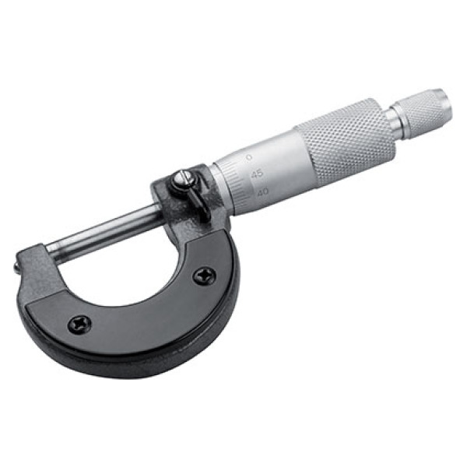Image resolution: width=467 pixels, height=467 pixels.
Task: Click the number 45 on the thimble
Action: [x=256, y=174]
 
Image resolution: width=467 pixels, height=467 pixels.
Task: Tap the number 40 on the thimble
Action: [x=262, y=191]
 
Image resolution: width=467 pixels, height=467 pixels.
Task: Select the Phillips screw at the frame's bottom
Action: [x=79, y=323]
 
